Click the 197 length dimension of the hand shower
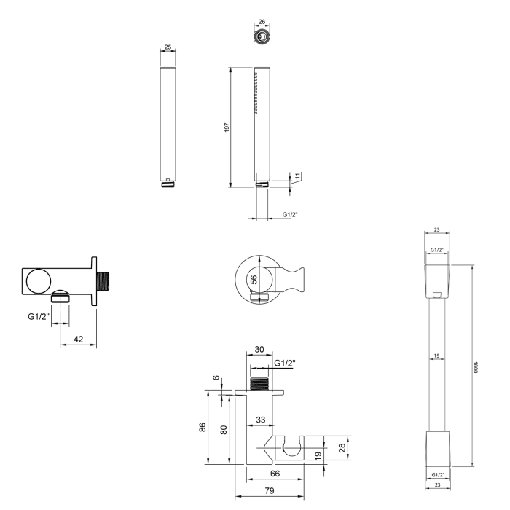coord(227,127)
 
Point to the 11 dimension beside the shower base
coord(297,176)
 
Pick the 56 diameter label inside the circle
coord(254,279)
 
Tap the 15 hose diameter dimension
coord(436,356)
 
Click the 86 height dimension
coord(203,427)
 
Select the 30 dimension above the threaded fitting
coord(260,349)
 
